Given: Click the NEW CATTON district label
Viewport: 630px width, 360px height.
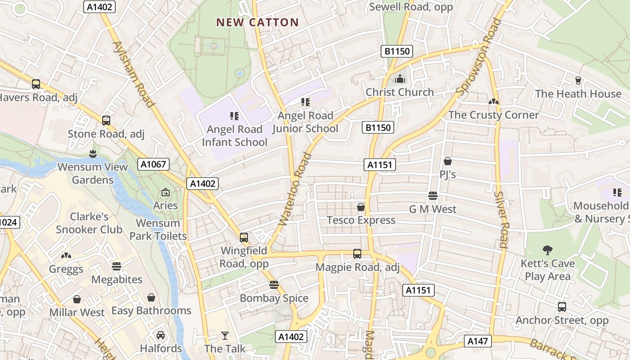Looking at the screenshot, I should [x=257, y=22].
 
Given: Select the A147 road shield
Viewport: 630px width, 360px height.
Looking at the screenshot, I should [x=477, y=341].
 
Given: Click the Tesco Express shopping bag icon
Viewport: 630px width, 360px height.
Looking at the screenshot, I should [x=361, y=207].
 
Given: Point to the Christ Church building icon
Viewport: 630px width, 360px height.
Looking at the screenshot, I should [x=400, y=79].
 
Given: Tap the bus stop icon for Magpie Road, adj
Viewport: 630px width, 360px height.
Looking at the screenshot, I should [x=357, y=254].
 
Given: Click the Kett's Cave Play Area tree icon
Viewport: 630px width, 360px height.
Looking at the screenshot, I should [x=548, y=250].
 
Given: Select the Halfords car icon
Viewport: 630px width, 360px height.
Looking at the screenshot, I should [x=161, y=335].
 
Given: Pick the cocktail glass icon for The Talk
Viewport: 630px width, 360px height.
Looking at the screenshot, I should [x=225, y=336].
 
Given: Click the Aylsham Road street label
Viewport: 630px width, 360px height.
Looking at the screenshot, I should [x=134, y=74].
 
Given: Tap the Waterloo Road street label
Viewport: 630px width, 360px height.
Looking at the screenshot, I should [x=295, y=189].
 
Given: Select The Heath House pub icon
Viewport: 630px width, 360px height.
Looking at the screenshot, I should [x=578, y=81].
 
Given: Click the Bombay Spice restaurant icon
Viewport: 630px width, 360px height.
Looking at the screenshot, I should [x=274, y=285].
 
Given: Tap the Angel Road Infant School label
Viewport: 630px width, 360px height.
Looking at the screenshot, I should [x=234, y=135].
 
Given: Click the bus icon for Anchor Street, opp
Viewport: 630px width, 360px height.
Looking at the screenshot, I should [x=562, y=307].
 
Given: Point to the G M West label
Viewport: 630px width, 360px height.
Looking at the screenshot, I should [x=432, y=209].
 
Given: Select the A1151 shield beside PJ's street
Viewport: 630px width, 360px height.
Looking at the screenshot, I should [x=380, y=165].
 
